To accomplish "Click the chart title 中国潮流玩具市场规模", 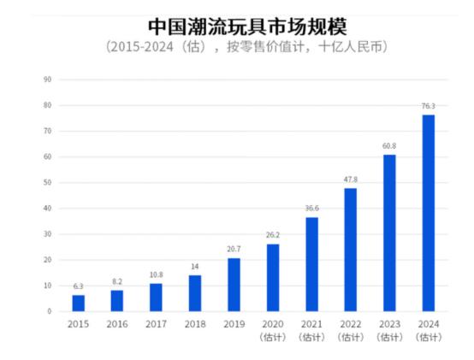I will coord(237,23).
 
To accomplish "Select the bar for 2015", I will coord(79,303).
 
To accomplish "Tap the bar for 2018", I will coord(195,292).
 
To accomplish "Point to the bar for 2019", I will coord(234,284).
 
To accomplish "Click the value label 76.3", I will coord(428,106).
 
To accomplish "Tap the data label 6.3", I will coord(79,286).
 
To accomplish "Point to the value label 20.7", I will coord(234,250).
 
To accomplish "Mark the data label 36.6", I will coord(311,209).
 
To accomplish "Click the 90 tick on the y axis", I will coord(48,80).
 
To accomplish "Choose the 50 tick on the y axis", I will coord(48,183).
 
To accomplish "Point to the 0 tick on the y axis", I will coord(50,311).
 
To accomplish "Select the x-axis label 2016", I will coord(117,325).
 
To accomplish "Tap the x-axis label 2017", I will coord(156,325).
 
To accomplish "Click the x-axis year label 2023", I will coord(389,325).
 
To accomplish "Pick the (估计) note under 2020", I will coord(273,337).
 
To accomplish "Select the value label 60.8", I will coord(389,146).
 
